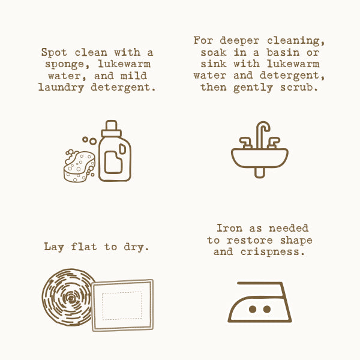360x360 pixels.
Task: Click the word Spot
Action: (54, 52)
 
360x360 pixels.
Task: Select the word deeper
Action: (239, 41)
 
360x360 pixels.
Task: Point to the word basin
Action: (283, 53)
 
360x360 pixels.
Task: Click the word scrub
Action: (299, 87)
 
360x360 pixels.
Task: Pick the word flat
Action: (84, 247)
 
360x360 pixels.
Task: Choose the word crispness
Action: (273, 252)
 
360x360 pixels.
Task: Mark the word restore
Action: (250, 241)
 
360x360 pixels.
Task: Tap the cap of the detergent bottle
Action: (112, 128)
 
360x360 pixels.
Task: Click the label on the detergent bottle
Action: (113, 162)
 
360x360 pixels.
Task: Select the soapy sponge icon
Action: (79, 166)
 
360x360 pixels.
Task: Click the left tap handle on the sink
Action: (246, 143)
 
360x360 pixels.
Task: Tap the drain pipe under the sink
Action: (260, 173)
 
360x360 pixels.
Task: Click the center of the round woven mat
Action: (70, 298)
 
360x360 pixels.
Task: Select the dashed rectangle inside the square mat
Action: (122, 305)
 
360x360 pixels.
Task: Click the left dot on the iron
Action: (253, 309)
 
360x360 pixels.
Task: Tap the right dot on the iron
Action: (267, 309)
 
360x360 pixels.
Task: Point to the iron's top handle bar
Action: (260, 283)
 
